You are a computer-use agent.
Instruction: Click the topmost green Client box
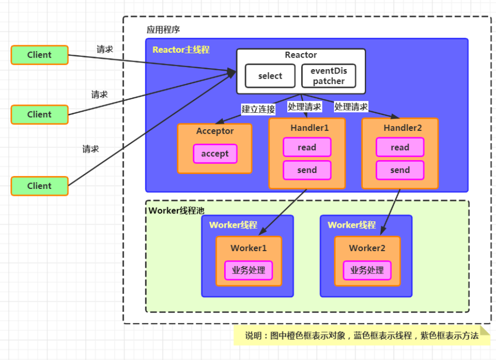[x=39, y=55]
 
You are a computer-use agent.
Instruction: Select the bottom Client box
[x=39, y=186]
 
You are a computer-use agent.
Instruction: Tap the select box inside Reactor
[x=270, y=76]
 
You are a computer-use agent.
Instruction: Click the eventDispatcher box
[x=329, y=76]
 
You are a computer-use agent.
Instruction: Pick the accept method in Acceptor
[x=215, y=154]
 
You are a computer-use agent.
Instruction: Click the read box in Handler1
[x=307, y=147]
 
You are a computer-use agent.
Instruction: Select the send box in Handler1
[x=307, y=170]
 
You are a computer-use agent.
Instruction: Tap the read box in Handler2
[x=400, y=147]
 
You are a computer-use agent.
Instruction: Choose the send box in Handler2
[x=400, y=170]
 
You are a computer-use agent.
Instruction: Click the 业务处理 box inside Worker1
[x=248, y=270]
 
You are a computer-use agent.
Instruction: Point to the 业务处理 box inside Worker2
[x=367, y=270]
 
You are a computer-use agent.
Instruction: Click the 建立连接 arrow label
[x=258, y=109]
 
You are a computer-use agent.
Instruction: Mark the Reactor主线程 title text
[x=181, y=50]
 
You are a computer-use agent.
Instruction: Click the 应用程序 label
[x=163, y=30]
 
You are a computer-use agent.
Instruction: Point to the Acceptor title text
[x=215, y=131]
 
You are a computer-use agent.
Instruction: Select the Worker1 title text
[x=248, y=248]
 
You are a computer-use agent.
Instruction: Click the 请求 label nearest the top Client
[x=104, y=49]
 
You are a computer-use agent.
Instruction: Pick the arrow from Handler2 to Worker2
[x=391, y=212]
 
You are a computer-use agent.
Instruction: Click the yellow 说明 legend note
[x=361, y=336]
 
